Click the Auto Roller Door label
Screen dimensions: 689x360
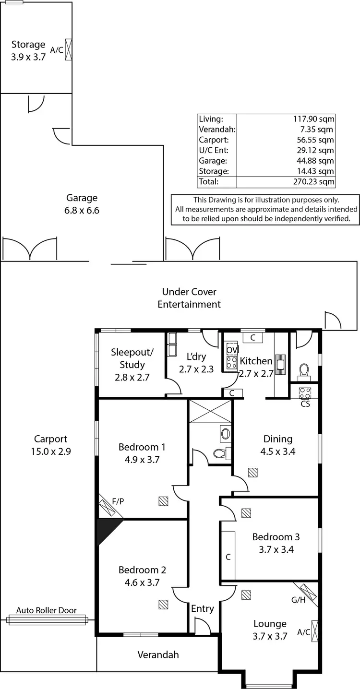point(46,610)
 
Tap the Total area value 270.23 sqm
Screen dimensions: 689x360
point(314,182)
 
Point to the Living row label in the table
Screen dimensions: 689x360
point(210,119)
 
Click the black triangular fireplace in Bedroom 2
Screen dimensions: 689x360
point(106,529)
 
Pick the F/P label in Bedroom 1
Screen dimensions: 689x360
point(118,501)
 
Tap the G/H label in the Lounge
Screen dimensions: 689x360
point(298,600)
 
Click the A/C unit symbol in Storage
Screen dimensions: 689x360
point(69,49)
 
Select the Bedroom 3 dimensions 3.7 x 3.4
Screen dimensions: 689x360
point(276,549)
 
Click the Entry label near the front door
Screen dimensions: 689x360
point(202,608)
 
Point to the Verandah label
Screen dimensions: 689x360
point(158,654)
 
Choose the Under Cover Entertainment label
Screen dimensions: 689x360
point(189,298)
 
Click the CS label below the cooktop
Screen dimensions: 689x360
point(305,404)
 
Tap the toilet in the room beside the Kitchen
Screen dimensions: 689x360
point(304,370)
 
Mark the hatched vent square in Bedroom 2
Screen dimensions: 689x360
point(163,604)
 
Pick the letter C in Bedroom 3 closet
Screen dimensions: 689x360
point(228,557)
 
